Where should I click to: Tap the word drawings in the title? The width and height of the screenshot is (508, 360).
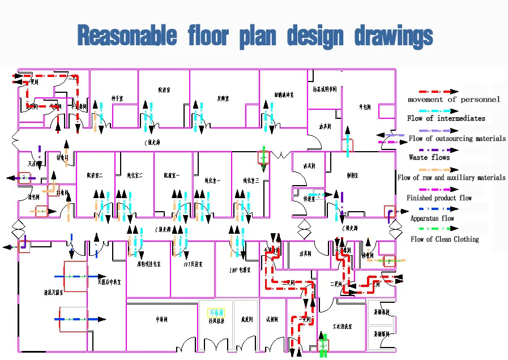point(394,36)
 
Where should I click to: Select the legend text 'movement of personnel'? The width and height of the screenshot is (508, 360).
point(454,100)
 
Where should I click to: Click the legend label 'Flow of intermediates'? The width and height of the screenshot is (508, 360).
point(446,118)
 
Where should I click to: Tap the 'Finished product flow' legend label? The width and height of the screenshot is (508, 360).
point(439,198)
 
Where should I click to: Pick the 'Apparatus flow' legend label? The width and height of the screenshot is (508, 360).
point(432,218)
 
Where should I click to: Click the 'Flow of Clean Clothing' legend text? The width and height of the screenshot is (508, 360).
point(445,239)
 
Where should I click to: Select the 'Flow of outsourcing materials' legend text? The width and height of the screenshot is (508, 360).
point(457,139)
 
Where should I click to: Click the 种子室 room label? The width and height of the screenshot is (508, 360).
point(117,98)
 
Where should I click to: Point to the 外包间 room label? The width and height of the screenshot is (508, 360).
point(364,106)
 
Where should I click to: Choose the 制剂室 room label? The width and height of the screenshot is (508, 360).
point(355,175)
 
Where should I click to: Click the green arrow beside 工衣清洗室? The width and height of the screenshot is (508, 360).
point(323,344)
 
